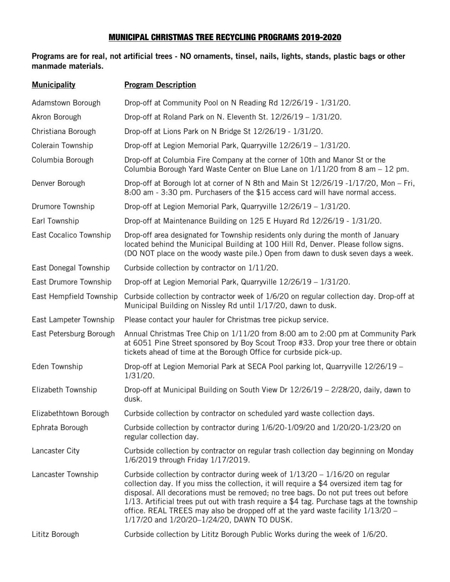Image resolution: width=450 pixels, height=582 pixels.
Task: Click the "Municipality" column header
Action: (53, 85)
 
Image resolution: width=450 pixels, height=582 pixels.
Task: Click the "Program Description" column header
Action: (160, 85)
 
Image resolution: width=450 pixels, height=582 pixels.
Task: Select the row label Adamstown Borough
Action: (66, 103)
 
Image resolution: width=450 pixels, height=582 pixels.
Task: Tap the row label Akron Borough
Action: (56, 117)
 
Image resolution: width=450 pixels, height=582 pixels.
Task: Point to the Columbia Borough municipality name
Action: (63, 160)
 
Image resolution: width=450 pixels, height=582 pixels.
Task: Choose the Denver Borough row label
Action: (58, 183)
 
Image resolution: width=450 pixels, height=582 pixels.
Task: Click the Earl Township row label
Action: (55, 221)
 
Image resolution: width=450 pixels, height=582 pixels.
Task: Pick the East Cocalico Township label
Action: (71, 235)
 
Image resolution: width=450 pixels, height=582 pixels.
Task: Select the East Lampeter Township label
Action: (73, 319)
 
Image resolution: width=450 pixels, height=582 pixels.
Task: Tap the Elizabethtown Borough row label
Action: (70, 413)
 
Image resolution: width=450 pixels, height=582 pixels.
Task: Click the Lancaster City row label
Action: (55, 451)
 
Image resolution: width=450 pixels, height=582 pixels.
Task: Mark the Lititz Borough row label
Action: (55, 534)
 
